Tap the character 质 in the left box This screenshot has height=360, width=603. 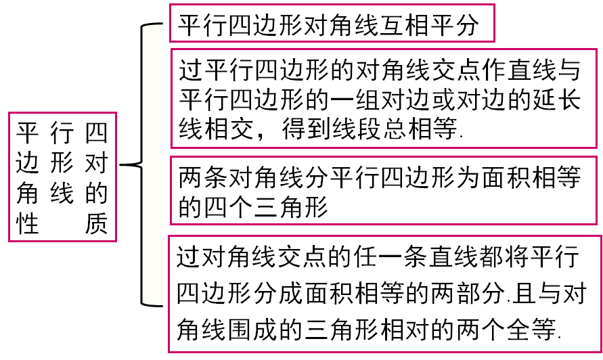point(96,223)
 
